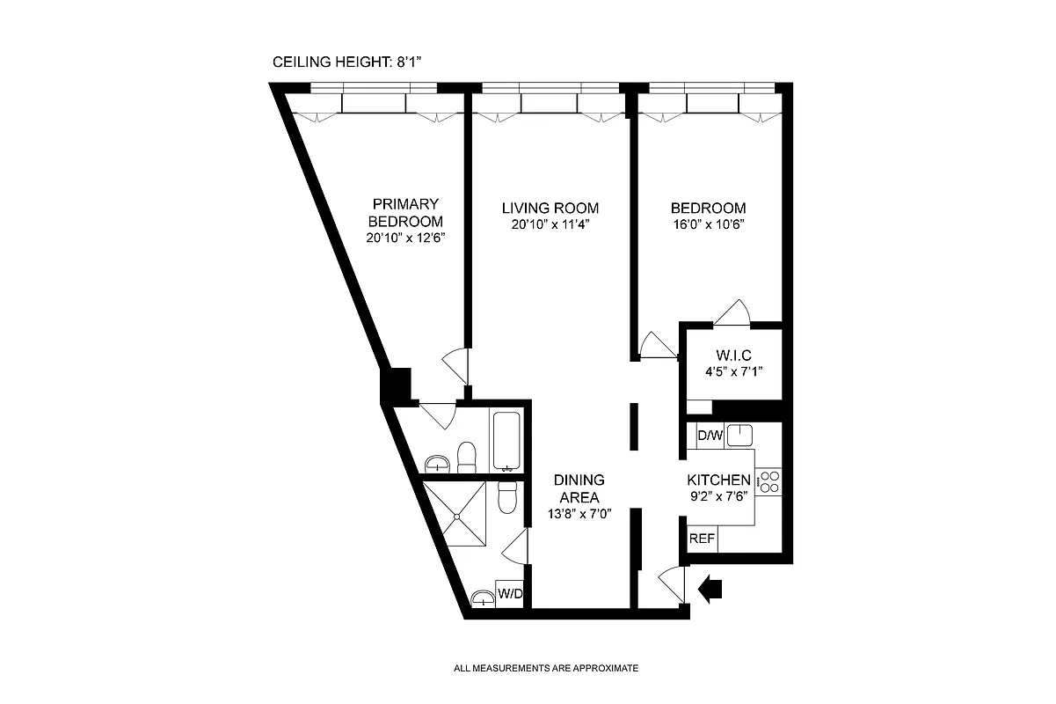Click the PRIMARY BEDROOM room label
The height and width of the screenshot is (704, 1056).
(404, 213)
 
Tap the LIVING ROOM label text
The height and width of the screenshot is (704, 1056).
(550, 209)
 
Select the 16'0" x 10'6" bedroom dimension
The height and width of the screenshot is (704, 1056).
(708, 224)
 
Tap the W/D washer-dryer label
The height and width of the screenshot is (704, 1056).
(510, 594)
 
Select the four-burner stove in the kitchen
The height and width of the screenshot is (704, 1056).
(768, 481)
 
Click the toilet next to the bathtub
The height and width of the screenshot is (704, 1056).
(468, 456)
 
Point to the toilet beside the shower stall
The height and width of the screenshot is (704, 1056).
(507, 498)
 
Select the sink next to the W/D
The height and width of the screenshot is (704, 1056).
(482, 599)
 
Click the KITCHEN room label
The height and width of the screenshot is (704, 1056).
(718, 480)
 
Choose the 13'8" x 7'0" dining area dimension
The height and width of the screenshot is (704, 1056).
(579, 514)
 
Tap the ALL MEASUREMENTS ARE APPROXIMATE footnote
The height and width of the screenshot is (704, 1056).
(545, 668)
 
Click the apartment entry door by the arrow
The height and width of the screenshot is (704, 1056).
(670, 583)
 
